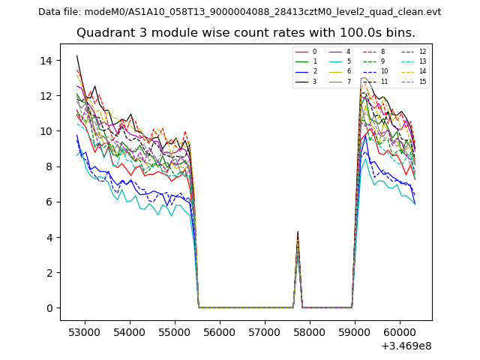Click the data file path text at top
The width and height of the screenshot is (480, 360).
point(239,12)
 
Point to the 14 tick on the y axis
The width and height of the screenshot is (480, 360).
point(50,60)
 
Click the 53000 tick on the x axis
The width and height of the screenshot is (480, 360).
point(84,331)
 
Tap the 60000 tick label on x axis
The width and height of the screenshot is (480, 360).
point(398,331)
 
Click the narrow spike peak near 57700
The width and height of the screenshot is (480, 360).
point(298,232)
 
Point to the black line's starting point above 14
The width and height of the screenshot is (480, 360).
point(76,55)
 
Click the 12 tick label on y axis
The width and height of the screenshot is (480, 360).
point(50,95)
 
